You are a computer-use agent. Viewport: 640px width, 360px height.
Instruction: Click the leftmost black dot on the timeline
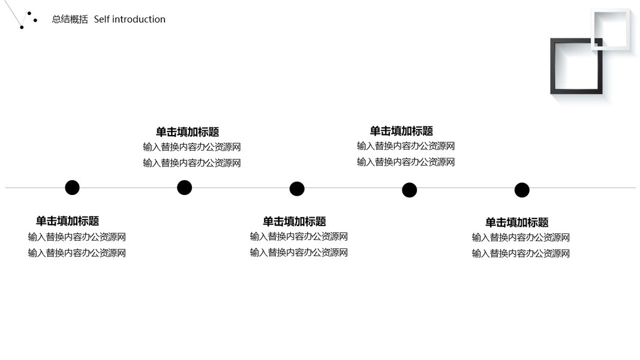(72, 187)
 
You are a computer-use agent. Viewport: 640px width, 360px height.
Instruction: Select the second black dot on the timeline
(184, 187)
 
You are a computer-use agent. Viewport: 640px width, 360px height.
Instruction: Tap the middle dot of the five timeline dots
(297, 189)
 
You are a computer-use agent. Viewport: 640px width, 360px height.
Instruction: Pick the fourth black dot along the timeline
(409, 190)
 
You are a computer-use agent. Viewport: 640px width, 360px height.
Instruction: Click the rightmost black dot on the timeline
(522, 190)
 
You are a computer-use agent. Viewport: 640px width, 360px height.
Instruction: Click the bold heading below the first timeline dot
(67, 221)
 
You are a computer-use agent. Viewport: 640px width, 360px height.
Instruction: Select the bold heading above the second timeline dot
(187, 132)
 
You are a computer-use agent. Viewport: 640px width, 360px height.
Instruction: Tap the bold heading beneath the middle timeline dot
(294, 221)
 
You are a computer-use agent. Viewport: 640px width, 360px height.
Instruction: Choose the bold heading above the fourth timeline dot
(401, 131)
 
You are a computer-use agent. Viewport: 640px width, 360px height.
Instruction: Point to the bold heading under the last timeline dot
(516, 223)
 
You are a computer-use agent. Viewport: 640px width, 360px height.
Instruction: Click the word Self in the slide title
(101, 19)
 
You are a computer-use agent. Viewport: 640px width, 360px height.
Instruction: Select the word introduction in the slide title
(139, 19)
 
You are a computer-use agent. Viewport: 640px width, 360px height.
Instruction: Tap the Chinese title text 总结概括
(70, 19)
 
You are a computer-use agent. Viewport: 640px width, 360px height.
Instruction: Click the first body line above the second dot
(191, 147)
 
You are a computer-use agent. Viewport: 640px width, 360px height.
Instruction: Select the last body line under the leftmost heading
(77, 253)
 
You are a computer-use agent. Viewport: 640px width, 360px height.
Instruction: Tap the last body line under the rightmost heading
(521, 254)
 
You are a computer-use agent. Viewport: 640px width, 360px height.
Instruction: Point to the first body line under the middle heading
(299, 237)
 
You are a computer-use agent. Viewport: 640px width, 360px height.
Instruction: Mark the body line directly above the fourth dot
(405, 162)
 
